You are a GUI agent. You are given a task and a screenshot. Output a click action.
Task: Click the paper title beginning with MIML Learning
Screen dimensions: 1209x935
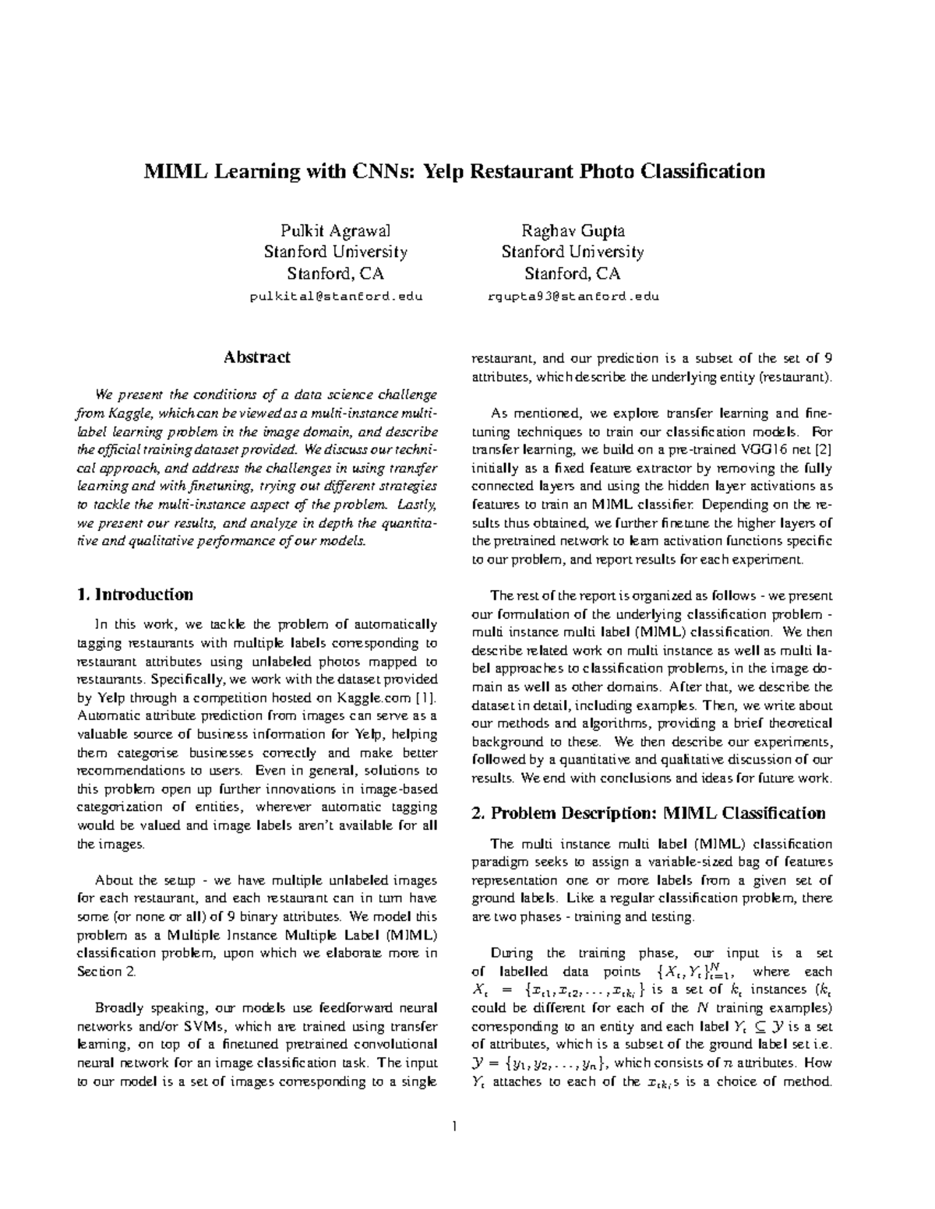453,171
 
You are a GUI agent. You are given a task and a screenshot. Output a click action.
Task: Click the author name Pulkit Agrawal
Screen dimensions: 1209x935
335,231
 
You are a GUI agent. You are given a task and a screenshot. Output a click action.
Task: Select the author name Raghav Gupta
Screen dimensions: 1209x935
573,231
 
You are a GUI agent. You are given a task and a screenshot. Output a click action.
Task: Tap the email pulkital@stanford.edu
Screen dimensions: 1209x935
336,297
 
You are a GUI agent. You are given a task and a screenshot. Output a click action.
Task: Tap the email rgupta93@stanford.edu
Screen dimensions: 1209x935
573,297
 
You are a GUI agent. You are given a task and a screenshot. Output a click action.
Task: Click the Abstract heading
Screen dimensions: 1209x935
257,357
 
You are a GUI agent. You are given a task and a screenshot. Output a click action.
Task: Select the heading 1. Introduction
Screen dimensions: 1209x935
136,595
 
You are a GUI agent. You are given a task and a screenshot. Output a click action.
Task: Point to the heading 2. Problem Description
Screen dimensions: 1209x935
648,814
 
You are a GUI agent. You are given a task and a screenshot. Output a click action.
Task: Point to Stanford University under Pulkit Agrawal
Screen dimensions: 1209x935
335,252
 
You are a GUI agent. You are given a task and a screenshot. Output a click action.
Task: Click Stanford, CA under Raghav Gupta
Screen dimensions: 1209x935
573,274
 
